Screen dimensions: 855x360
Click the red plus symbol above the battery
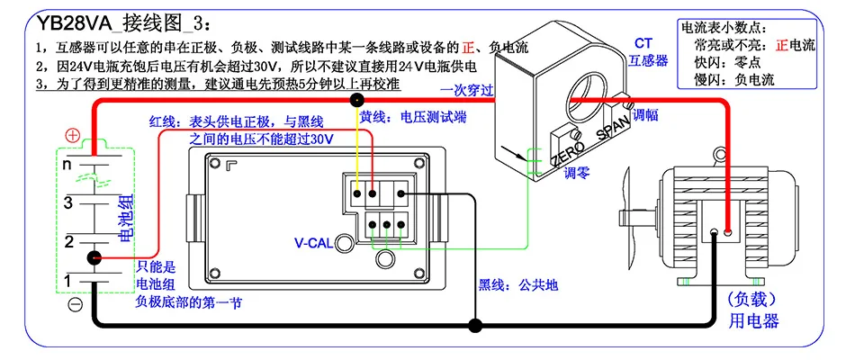[72, 136]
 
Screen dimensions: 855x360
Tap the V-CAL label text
[313, 243]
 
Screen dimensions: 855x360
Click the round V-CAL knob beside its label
[344, 243]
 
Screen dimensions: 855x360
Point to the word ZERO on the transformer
[567, 154]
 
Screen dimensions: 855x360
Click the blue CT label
[643, 43]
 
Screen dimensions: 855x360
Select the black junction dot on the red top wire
[357, 100]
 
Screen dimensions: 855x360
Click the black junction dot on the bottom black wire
[476, 326]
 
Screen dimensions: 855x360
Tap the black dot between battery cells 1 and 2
[94, 257]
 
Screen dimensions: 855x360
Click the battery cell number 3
[68, 203]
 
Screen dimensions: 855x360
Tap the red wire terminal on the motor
[727, 232]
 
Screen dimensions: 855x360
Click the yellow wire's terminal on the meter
[357, 193]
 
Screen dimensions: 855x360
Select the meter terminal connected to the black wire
[400, 193]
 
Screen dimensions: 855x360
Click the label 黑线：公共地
[518, 284]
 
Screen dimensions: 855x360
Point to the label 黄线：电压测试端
[413, 117]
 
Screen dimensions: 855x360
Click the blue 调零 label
[576, 174]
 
